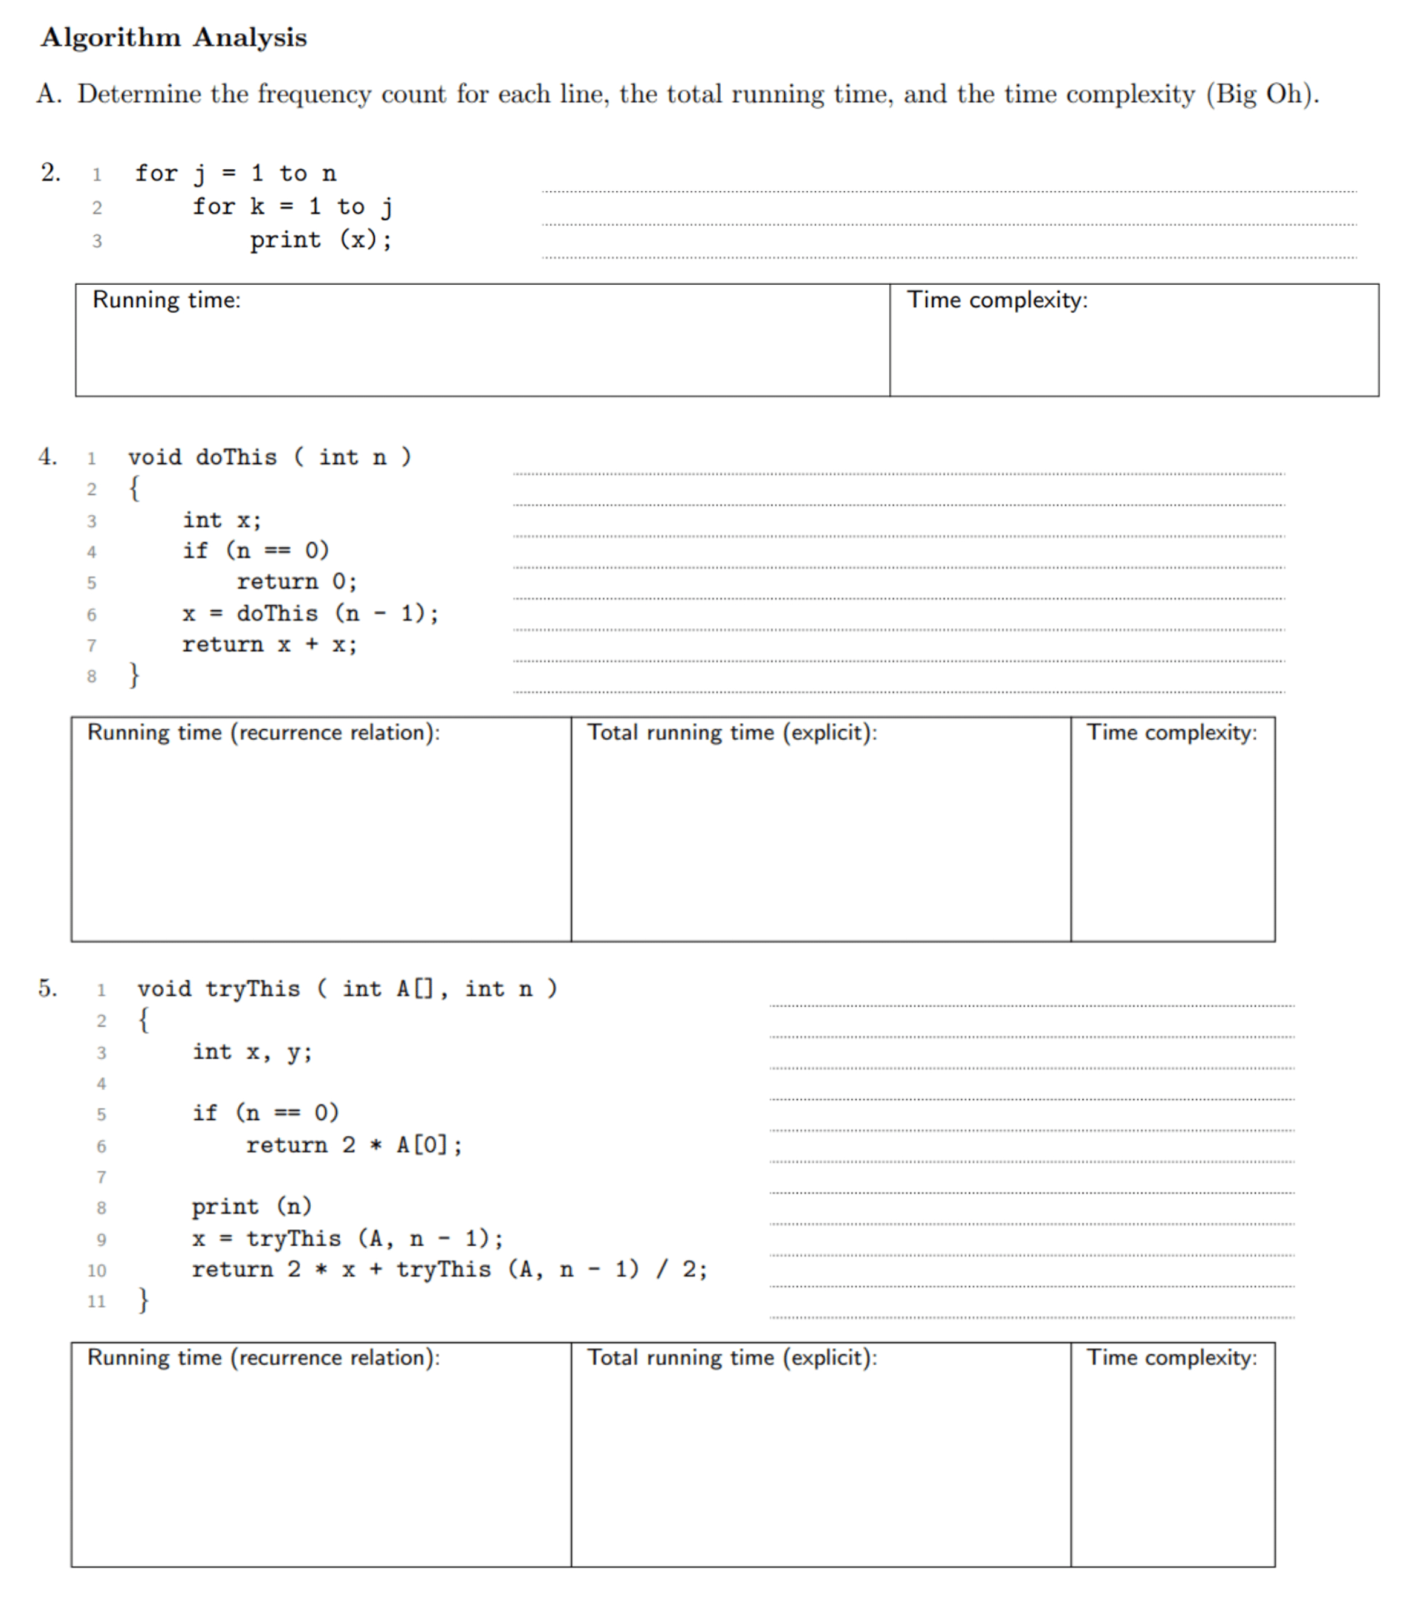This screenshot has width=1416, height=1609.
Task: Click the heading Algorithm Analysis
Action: [x=174, y=37]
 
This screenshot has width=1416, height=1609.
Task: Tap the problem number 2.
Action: [x=50, y=172]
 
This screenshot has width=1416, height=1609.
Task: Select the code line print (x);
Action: [x=320, y=239]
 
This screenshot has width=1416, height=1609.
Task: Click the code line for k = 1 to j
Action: [x=292, y=206]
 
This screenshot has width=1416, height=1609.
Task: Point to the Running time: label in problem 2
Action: [x=166, y=300]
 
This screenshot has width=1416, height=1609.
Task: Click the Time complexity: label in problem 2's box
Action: [x=996, y=300]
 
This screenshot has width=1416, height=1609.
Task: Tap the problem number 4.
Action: [x=47, y=457]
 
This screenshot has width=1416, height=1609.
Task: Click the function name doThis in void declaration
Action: [x=236, y=457]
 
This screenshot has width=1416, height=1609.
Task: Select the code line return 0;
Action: [x=297, y=582]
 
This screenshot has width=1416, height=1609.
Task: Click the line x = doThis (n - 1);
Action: [x=310, y=613]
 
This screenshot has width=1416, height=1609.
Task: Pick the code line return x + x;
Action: [x=269, y=645]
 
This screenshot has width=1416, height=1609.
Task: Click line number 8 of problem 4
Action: [x=91, y=676]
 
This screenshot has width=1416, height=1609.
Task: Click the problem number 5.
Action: [x=47, y=988]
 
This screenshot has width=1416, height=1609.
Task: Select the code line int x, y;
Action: [x=252, y=1052]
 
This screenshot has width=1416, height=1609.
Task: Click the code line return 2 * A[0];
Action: [x=354, y=1145]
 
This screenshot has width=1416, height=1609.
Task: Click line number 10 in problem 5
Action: [x=96, y=1270]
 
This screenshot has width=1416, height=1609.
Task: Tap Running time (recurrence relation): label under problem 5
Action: [x=263, y=1357]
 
